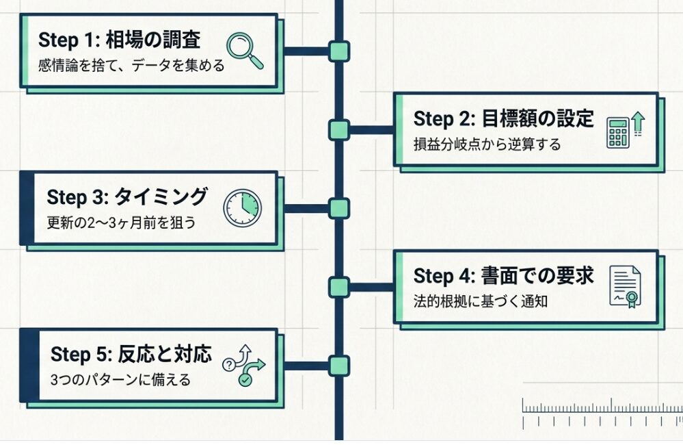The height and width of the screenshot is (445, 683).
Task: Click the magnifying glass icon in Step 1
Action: point(245,49)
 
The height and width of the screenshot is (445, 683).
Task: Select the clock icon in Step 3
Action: point(243,207)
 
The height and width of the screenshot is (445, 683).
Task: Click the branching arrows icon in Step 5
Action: point(244,365)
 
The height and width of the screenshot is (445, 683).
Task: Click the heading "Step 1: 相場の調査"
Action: point(120,40)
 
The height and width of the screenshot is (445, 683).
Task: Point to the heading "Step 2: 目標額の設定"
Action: point(504,118)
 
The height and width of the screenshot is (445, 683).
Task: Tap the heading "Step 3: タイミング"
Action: point(126,197)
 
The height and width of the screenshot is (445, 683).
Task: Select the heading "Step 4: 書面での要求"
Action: point(504,276)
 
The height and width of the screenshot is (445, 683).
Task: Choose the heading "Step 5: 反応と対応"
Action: point(131,355)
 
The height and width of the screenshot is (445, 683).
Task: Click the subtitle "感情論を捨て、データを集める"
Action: point(132,67)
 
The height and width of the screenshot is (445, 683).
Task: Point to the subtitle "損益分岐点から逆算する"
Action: point(487,144)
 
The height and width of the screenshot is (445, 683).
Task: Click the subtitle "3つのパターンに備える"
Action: point(120,380)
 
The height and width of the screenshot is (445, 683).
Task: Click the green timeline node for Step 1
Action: point(338,51)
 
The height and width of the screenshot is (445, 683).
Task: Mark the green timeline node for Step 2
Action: point(338,129)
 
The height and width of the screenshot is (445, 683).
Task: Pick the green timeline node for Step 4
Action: point(338,287)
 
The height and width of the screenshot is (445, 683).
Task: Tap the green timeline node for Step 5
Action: point(338,365)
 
